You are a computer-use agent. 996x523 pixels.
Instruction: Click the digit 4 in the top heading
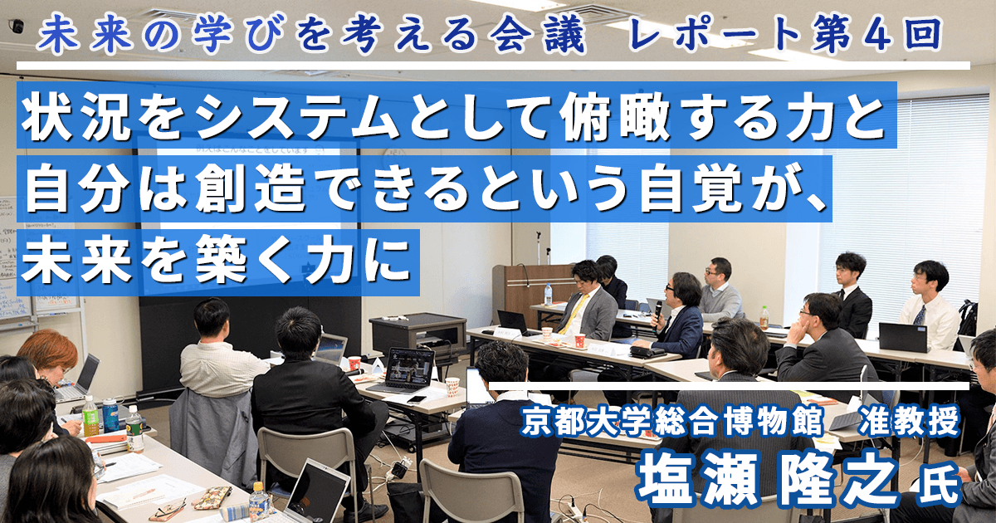tap(878, 35)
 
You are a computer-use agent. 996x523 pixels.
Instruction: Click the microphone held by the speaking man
tap(658, 313)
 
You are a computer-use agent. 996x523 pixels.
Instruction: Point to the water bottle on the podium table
tap(549, 295)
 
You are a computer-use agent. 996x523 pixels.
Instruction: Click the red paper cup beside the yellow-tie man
tap(580, 341)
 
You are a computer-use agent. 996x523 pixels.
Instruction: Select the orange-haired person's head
tap(48, 351)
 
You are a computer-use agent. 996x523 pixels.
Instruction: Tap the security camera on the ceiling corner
tap(17, 27)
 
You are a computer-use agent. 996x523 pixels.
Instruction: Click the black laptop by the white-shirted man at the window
tap(903, 338)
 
